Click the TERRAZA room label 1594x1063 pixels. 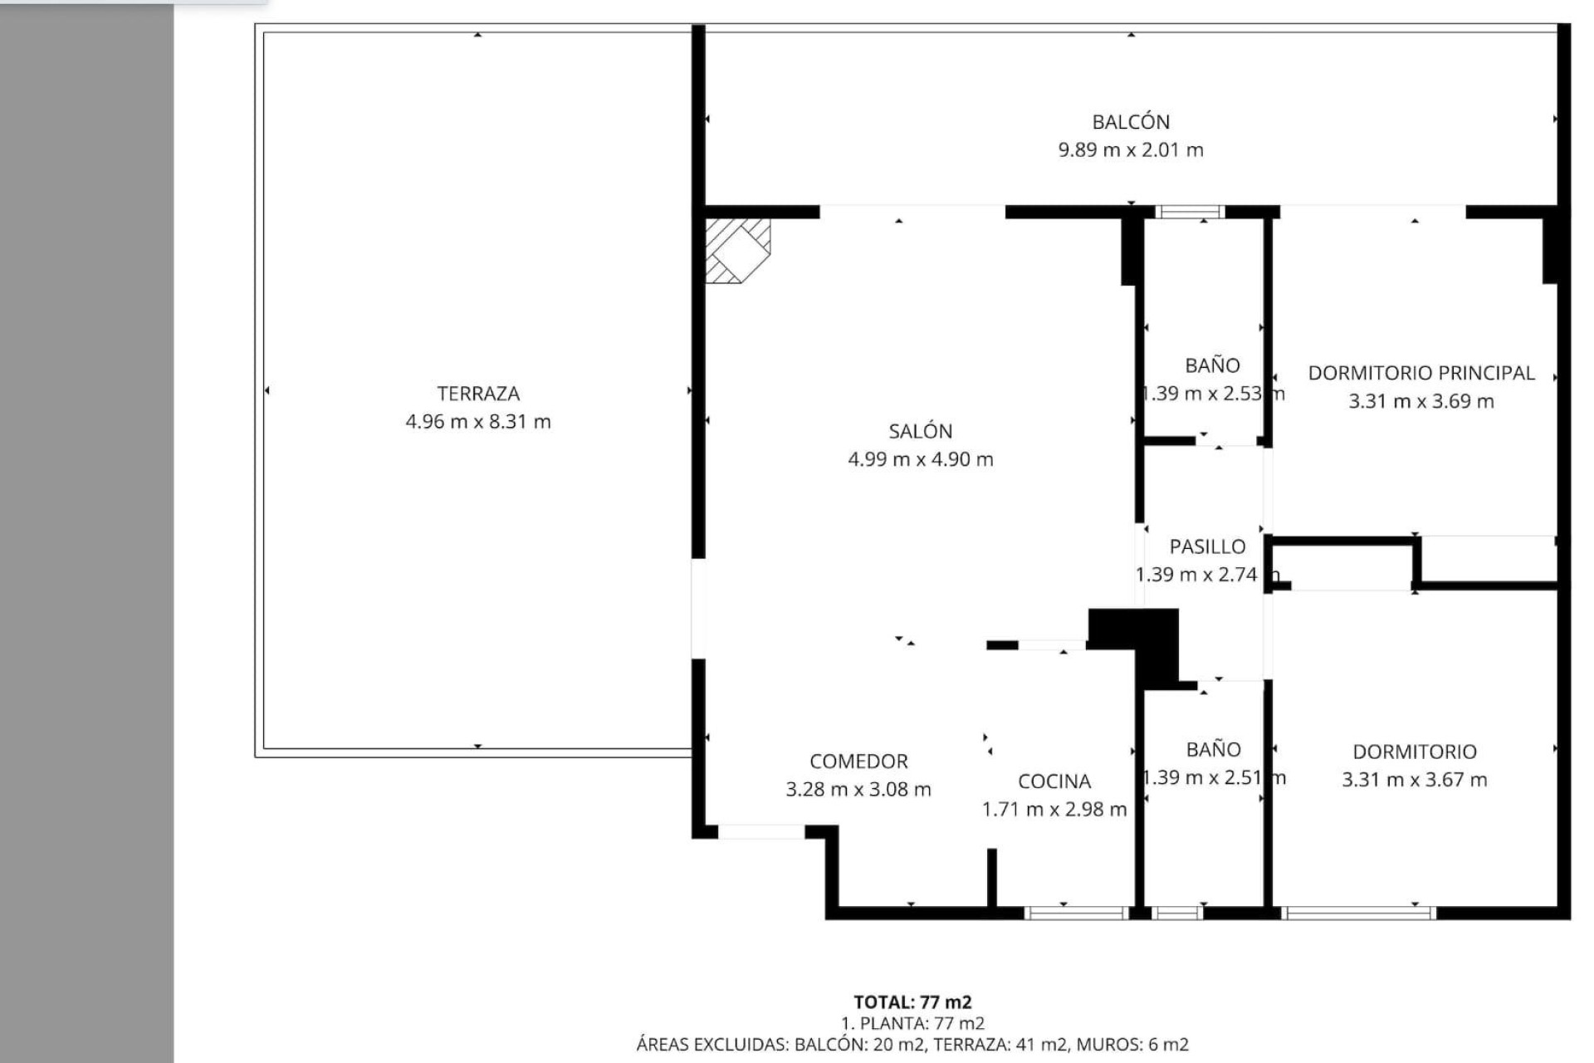click(x=478, y=394)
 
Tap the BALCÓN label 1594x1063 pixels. click(x=1131, y=122)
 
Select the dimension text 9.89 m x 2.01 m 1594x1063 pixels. click(x=1131, y=150)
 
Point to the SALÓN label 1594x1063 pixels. click(x=920, y=431)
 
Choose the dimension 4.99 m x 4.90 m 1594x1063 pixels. click(x=920, y=459)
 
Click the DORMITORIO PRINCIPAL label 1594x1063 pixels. click(x=1420, y=373)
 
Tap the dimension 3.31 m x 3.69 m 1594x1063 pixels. click(x=1420, y=401)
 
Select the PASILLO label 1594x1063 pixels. click(x=1207, y=546)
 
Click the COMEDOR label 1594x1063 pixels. click(x=858, y=762)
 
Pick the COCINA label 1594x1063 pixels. click(x=1054, y=781)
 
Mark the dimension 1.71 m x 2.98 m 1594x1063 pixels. click(x=1054, y=810)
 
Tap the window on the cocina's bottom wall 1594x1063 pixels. click(x=1076, y=913)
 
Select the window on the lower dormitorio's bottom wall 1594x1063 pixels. click(x=1358, y=913)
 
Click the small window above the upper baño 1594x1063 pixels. click(x=1190, y=212)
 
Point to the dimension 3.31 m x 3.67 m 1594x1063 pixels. click(x=1414, y=780)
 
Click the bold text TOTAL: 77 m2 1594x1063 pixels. click(x=912, y=1002)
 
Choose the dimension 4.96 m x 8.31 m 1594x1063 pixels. click(x=478, y=422)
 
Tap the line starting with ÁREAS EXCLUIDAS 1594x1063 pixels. click(x=912, y=1045)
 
